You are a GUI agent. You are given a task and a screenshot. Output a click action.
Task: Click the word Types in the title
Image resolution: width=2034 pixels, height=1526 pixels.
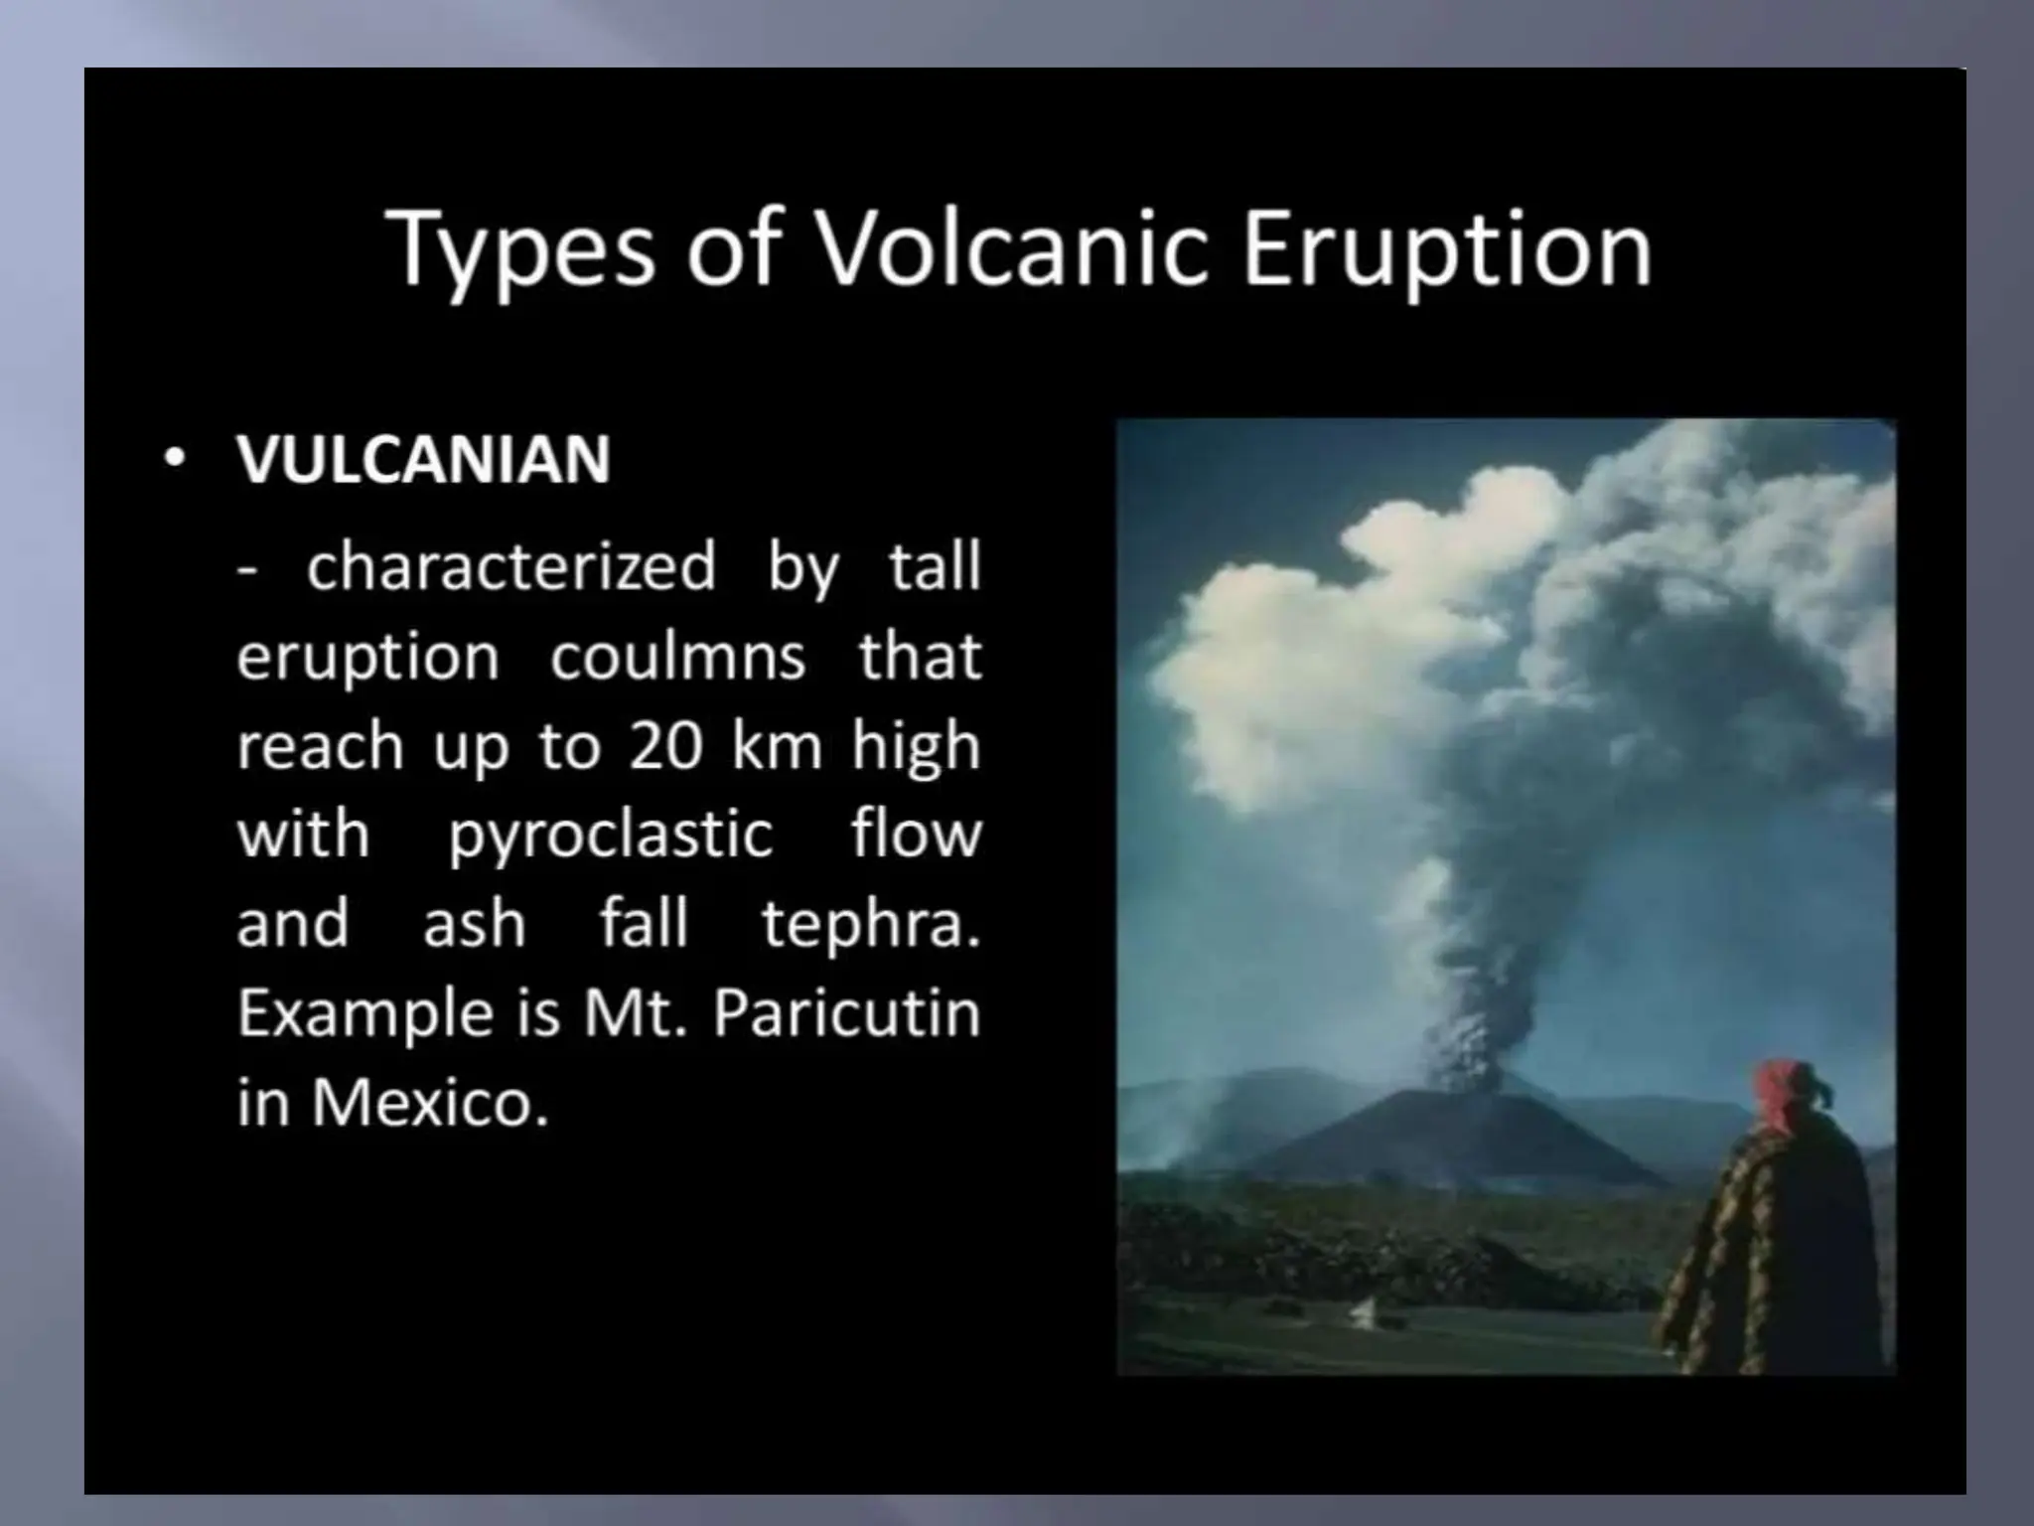[520, 250]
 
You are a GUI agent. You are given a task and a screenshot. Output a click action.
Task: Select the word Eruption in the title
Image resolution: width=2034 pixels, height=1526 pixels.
[1446, 250]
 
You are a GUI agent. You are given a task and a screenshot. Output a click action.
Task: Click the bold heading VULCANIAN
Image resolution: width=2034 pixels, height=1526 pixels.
[423, 460]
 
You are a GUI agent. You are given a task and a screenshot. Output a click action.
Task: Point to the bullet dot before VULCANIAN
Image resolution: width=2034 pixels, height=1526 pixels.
[176, 460]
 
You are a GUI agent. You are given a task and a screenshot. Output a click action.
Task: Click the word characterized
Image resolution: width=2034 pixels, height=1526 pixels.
[510, 566]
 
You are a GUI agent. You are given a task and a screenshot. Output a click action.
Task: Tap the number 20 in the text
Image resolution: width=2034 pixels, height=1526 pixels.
[666, 746]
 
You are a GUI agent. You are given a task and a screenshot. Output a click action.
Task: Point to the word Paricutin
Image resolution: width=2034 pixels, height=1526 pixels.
[846, 1013]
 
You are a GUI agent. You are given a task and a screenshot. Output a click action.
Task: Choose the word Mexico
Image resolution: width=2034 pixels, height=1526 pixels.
[429, 1103]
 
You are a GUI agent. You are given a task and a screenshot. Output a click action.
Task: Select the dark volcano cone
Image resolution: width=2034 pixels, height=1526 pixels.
[1460, 1133]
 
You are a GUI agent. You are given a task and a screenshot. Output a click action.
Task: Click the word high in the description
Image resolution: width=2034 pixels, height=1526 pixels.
[915, 746]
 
